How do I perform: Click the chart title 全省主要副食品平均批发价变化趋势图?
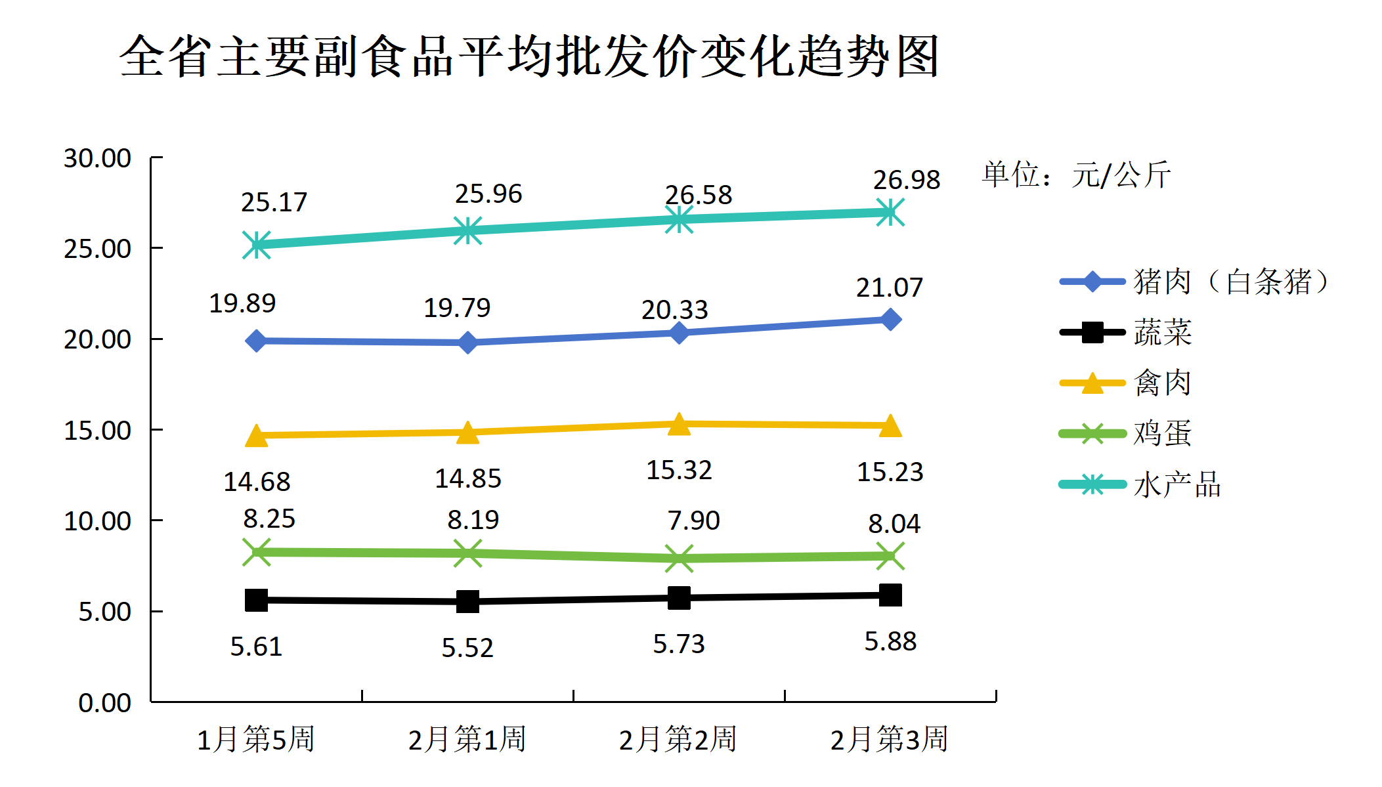[x=529, y=56]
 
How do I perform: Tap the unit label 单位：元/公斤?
[x=1076, y=175]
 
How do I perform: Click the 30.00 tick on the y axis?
[x=97, y=158]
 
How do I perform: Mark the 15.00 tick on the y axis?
[x=97, y=431]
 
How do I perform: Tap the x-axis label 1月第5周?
[x=256, y=739]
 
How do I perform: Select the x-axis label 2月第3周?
[x=889, y=739]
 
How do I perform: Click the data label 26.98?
[x=907, y=180]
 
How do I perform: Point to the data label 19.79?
[x=457, y=308]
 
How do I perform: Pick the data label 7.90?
[x=693, y=521]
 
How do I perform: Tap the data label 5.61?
[x=256, y=647]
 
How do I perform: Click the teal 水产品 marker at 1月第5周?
[x=257, y=245]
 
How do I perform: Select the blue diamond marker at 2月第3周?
[x=890, y=320]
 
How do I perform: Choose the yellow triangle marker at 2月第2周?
[x=679, y=425]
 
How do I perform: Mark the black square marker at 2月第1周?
[x=467, y=601]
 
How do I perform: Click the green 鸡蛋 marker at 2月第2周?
[x=679, y=559]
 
